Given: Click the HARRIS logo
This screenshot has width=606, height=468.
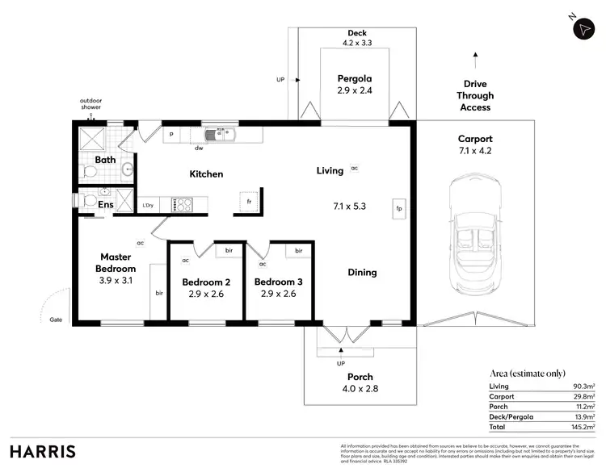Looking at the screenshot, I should tap(44, 450).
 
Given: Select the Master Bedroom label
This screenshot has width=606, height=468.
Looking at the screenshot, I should tap(116, 262).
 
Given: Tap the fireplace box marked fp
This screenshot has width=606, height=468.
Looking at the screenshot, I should tap(399, 207).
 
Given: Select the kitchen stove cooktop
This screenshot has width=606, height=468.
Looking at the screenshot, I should tap(182, 205).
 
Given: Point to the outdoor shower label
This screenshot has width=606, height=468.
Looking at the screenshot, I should tap(90, 103).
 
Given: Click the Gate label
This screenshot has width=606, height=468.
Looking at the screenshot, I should tap(55, 319).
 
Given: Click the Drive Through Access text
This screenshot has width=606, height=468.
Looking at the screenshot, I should tap(475, 95).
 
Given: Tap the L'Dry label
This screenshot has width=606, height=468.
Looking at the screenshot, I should tap(149, 205).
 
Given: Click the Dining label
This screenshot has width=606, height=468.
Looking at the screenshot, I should tap(362, 272).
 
